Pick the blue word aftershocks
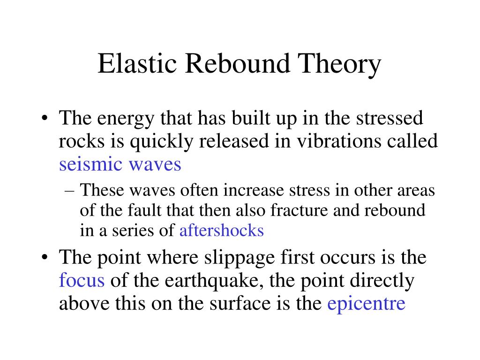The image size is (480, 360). click(x=222, y=231)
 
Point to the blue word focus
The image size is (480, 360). click(x=82, y=280)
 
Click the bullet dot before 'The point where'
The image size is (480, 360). click(x=45, y=258)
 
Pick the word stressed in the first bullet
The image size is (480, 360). click(x=391, y=119)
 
